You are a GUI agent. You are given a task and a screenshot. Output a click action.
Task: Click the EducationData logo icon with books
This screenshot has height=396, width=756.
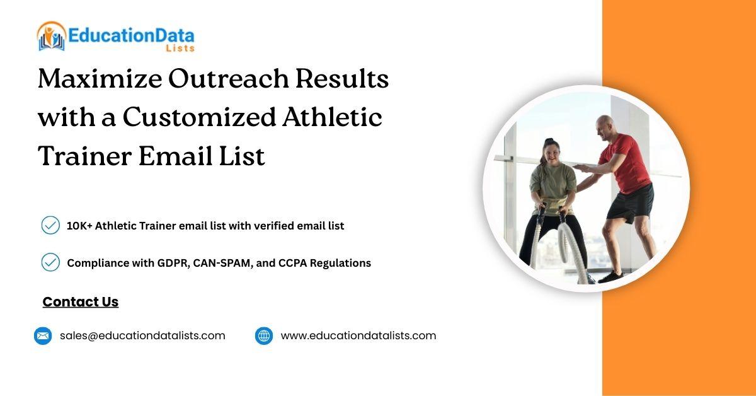click(51, 36)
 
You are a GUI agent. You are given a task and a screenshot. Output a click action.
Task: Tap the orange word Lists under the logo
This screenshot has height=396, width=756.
click(180, 49)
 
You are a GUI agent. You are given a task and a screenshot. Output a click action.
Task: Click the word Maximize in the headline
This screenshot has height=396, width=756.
click(100, 78)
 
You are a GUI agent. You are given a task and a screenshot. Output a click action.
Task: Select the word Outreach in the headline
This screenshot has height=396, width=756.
click(229, 78)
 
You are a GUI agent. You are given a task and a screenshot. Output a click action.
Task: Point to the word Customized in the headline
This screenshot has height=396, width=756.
click(200, 117)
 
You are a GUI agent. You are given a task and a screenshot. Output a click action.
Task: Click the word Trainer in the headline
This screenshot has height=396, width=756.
click(84, 156)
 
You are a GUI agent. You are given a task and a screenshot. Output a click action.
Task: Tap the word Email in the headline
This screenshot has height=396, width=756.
click(176, 156)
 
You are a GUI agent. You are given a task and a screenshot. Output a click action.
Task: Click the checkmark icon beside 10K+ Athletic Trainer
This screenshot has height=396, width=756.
click(50, 225)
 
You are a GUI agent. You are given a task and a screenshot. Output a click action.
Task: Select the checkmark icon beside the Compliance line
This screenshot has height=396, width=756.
click(50, 262)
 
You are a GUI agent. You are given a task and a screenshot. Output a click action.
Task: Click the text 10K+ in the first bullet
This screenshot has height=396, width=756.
click(79, 226)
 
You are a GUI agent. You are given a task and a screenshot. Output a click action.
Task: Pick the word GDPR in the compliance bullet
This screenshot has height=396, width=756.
click(173, 263)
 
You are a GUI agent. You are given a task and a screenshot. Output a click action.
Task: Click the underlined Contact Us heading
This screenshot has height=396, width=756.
click(81, 302)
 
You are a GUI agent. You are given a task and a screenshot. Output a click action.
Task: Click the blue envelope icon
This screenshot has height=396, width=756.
click(43, 336)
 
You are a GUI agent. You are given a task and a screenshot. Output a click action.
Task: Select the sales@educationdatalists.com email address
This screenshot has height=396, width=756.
click(142, 335)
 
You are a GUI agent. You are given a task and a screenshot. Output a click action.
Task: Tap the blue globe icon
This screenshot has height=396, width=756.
click(264, 336)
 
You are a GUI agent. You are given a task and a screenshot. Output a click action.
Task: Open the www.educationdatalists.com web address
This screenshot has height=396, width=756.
click(358, 335)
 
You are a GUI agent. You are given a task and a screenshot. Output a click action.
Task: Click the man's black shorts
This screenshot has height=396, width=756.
click(631, 204)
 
